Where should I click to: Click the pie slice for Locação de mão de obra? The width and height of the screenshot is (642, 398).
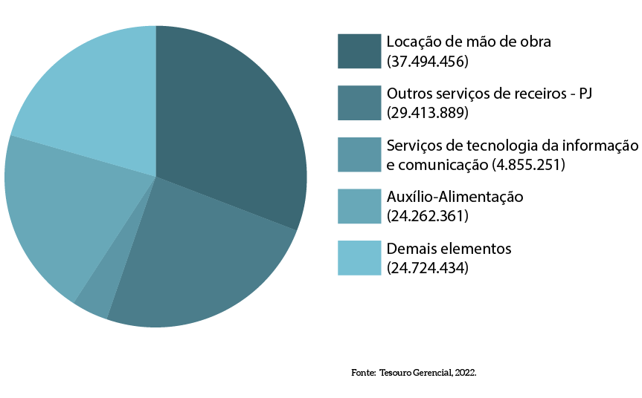point(231,126)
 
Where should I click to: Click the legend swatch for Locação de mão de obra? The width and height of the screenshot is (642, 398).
point(359,51)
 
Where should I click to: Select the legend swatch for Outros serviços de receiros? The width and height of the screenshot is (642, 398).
point(359,102)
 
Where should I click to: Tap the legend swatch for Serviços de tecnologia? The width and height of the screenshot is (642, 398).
point(359,154)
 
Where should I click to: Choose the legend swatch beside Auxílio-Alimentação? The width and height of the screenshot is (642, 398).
point(359,206)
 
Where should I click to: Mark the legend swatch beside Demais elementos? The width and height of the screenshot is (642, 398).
point(359,258)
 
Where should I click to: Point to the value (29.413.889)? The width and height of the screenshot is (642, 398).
point(428,113)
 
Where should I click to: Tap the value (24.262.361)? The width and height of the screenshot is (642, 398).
point(428,216)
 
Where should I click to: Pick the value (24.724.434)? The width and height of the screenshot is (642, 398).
point(428,268)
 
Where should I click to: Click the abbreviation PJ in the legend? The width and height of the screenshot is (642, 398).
point(585,94)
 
